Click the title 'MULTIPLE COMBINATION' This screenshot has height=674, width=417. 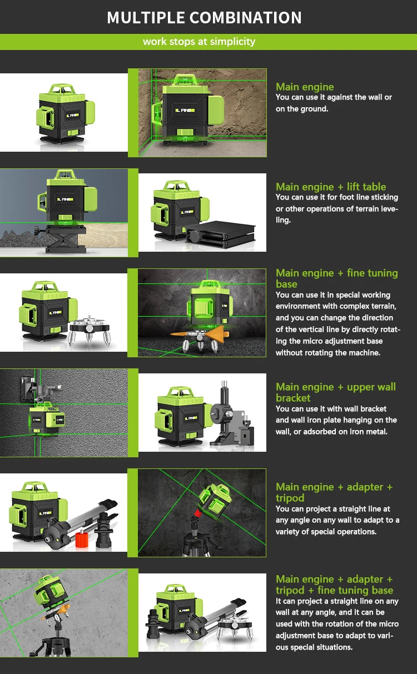[x=204, y=17]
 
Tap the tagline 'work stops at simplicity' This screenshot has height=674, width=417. [x=199, y=42]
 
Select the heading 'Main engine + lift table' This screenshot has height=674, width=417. [x=330, y=187]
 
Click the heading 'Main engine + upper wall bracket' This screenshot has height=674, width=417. [x=335, y=392]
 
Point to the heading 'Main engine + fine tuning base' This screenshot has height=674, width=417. [x=336, y=278]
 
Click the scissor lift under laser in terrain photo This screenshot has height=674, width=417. [x=66, y=238]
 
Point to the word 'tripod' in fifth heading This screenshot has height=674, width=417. [x=290, y=498]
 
